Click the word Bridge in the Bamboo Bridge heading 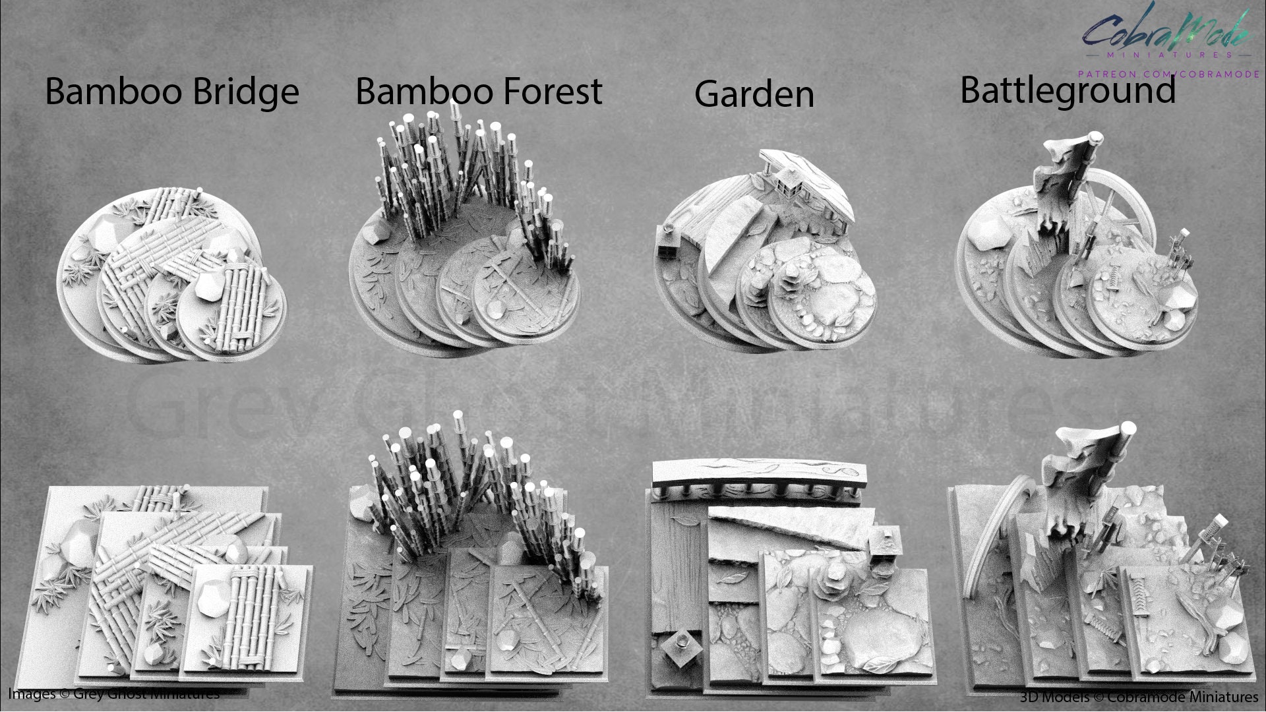point(238,92)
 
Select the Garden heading point(754,94)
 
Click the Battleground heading point(1068,90)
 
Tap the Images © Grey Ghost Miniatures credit point(113,694)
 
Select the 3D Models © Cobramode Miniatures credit point(1139,696)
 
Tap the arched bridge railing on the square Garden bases point(758,481)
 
